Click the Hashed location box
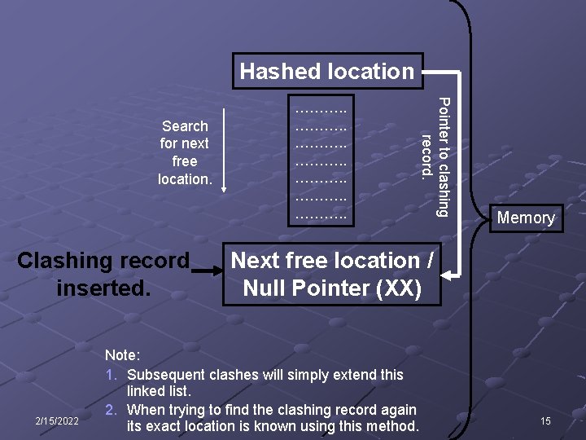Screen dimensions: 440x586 pyautogui.click(x=327, y=71)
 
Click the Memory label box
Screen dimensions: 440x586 pyautogui.click(x=526, y=218)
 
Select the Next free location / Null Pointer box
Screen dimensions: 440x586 pyautogui.click(x=332, y=275)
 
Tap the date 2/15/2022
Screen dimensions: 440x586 pyautogui.click(x=56, y=420)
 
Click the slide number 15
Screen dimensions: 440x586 pyautogui.click(x=545, y=420)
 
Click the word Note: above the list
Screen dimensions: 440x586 pyautogui.click(x=124, y=356)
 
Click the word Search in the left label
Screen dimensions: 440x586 pyautogui.click(x=185, y=126)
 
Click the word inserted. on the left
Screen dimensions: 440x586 pyautogui.click(x=103, y=288)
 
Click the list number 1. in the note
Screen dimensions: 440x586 pyautogui.click(x=112, y=375)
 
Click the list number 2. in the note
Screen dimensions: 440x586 pyautogui.click(x=112, y=410)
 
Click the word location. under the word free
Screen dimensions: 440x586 pyautogui.click(x=185, y=178)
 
